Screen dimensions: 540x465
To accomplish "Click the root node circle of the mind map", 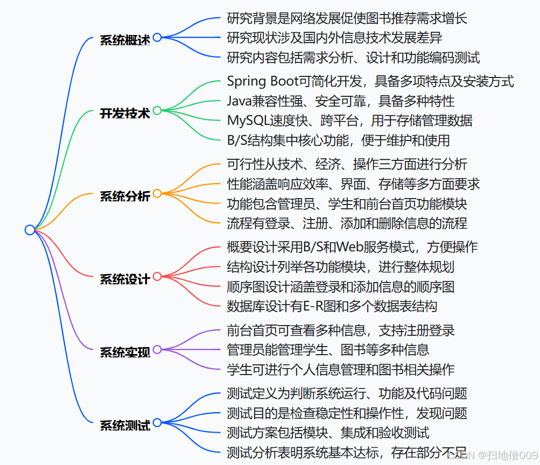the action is coord(30,230).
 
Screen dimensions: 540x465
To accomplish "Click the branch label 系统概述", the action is coord(125,40).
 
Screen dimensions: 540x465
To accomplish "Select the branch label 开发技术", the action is coord(125,113).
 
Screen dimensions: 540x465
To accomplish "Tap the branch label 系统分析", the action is coord(125,196).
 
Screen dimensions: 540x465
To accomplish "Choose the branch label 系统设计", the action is coord(125,279).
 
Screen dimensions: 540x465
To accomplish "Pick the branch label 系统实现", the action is coord(125,353).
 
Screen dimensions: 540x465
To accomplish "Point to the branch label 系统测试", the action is coord(125,425).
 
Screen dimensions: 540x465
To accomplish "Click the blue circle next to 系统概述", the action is coord(157,37).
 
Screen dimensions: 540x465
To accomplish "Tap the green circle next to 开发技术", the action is coord(157,110).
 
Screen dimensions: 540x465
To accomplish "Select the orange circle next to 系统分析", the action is coord(157,193).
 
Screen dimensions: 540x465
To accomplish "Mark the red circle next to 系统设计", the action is coord(157,277).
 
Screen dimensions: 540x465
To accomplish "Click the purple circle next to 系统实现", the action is coord(157,350).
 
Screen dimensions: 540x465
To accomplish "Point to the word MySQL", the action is coord(247,121).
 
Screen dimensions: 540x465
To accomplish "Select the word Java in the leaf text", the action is coord(239,101).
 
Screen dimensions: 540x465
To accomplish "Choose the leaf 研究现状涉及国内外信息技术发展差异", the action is coord(334,38).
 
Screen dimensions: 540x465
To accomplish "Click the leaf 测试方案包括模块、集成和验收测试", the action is coord(328,432).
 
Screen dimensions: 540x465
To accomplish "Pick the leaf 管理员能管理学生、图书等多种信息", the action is coord(328,350).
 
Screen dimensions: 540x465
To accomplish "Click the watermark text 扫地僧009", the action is coord(512,455).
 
